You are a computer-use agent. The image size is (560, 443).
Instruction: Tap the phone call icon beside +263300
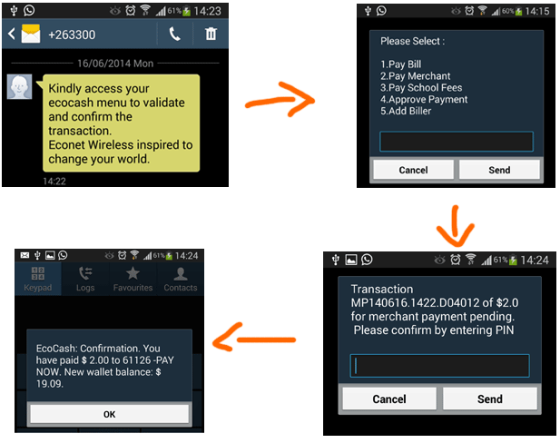pos(174,34)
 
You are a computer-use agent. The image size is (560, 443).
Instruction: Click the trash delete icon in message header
pos(211,34)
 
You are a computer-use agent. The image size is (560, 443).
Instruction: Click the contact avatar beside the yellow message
pos(20,87)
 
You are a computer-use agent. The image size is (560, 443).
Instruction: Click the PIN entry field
pos(439,365)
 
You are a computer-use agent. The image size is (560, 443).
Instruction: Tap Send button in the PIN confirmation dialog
pos(490,399)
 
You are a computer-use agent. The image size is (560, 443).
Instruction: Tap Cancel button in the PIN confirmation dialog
pos(388,399)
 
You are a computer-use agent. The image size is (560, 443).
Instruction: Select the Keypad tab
pos(38,279)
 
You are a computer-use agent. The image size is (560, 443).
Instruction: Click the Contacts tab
pos(180,279)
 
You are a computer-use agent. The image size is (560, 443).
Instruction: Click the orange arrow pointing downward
pos(458,224)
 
